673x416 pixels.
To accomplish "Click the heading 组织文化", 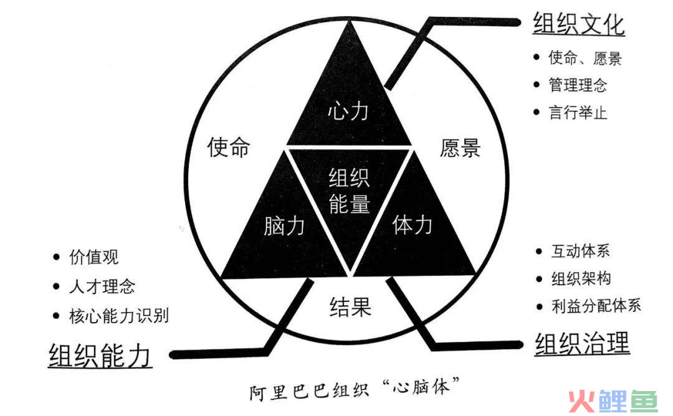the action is [578, 24].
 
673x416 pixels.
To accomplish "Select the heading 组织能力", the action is [100, 356].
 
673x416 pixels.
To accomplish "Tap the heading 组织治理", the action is [582, 344].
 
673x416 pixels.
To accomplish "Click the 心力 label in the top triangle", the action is [348, 111].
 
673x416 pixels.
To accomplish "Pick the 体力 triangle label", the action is [412, 224].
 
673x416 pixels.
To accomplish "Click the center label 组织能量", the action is [350, 191].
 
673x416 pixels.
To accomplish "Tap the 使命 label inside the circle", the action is [228, 147].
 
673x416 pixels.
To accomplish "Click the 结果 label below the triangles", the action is [350, 307].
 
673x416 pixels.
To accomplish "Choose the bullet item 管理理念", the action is [578, 85].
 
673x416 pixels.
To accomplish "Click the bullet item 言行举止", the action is [578, 112].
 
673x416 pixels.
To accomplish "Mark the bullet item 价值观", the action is [93, 257].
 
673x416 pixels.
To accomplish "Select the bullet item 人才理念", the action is [102, 286].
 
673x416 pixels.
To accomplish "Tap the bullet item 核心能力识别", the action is [119, 315].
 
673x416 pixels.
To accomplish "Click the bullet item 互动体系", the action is [580, 251].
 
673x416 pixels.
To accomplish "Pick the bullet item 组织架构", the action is [581, 279].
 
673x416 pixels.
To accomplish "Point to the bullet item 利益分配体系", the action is [596, 306].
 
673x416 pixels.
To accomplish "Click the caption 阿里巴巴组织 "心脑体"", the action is [355, 388].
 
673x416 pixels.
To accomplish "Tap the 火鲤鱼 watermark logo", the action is [613, 402].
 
